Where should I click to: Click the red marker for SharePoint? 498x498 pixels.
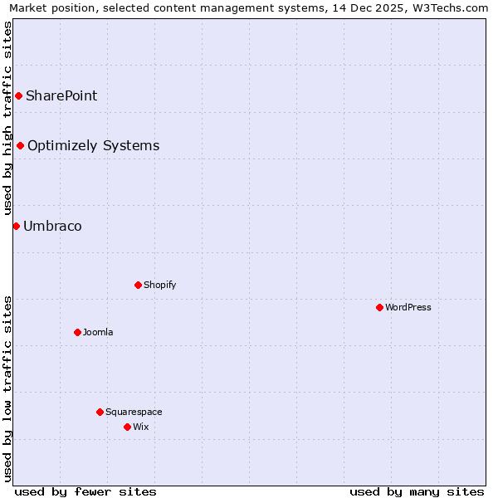click(x=18, y=95)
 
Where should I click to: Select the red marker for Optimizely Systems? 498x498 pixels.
click(x=21, y=146)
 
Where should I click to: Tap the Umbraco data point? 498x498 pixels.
click(x=16, y=226)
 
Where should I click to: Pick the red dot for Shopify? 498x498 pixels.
click(x=138, y=285)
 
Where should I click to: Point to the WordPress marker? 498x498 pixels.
click(x=379, y=307)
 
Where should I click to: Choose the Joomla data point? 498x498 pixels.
click(x=77, y=332)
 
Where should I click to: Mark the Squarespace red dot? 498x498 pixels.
click(x=100, y=412)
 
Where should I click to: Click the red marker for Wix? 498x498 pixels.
click(x=127, y=427)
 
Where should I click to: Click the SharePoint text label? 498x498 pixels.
click(x=61, y=95)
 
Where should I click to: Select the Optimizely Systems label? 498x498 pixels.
click(x=93, y=146)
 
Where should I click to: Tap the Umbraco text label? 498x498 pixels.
click(x=52, y=226)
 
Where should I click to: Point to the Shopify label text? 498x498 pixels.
click(x=159, y=285)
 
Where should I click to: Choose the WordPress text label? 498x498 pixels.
click(x=408, y=307)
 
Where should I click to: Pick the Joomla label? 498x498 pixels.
click(x=98, y=332)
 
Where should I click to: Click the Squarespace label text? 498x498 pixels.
click(x=134, y=412)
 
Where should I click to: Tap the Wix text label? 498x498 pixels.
click(x=140, y=427)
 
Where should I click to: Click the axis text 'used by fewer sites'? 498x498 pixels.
click(x=85, y=491)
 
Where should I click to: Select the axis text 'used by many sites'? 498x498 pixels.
click(x=417, y=491)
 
